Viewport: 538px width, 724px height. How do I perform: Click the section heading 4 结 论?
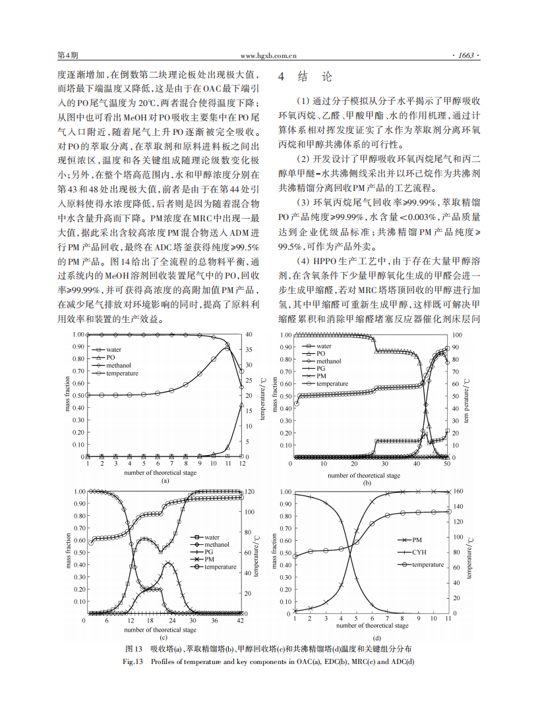(306, 77)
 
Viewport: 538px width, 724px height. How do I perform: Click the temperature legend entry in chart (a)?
(122, 373)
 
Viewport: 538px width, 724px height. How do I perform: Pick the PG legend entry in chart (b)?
(320, 369)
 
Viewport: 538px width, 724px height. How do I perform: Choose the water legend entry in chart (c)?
(212, 538)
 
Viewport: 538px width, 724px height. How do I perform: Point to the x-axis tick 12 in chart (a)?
(241, 464)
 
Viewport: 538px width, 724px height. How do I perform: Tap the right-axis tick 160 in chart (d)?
(459, 491)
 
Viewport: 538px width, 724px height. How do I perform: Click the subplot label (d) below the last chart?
(376, 638)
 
